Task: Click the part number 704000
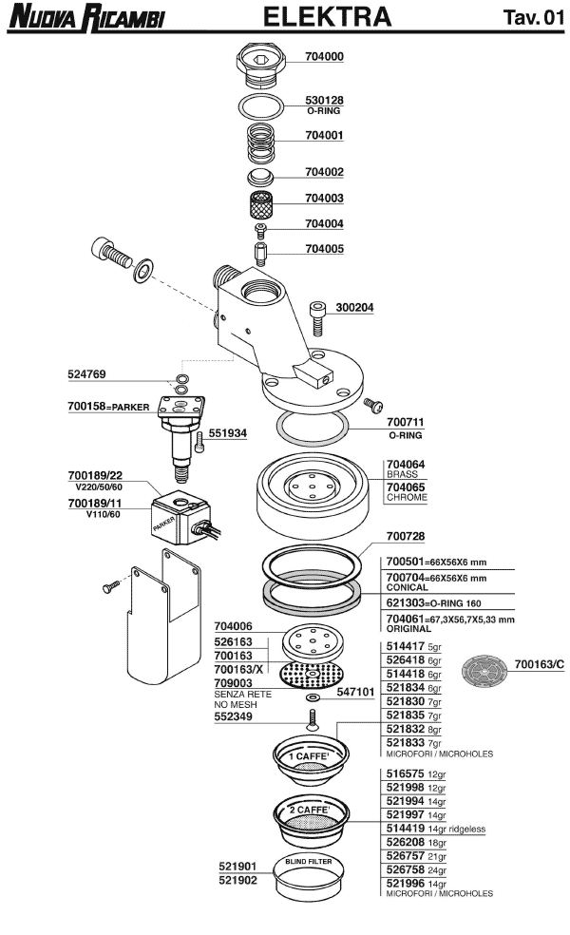(324, 57)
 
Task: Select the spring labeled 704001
(261, 143)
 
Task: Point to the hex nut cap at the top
(261, 64)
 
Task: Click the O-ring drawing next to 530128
(261, 107)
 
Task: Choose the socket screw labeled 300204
(318, 318)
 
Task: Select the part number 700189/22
(95, 475)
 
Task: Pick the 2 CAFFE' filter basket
(311, 819)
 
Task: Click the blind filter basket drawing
(310, 877)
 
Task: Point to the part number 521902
(237, 880)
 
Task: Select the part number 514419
(406, 829)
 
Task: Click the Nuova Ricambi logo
(86, 17)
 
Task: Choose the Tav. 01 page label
(534, 17)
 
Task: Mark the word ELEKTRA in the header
(328, 17)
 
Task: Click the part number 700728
(406, 536)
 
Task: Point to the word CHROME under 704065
(408, 497)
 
